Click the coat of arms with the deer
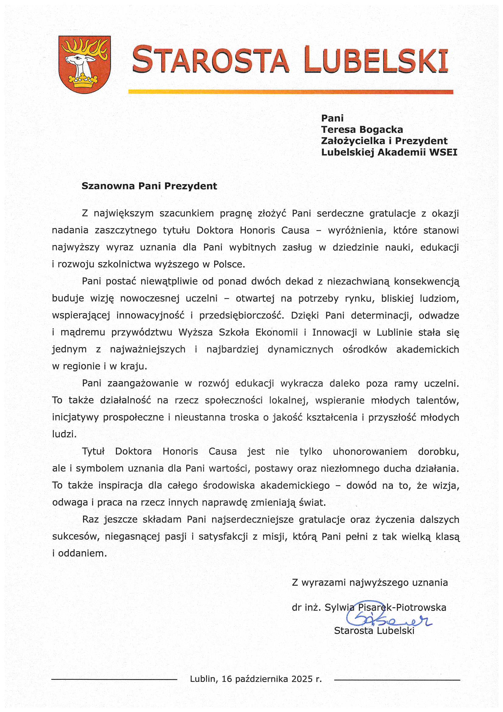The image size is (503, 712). [84, 64]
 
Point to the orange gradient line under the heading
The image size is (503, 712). [290, 92]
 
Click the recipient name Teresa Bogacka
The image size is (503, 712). [362, 130]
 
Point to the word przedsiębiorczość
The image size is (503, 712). [241, 315]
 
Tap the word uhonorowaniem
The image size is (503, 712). [370, 452]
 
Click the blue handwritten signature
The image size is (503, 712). [387, 618]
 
